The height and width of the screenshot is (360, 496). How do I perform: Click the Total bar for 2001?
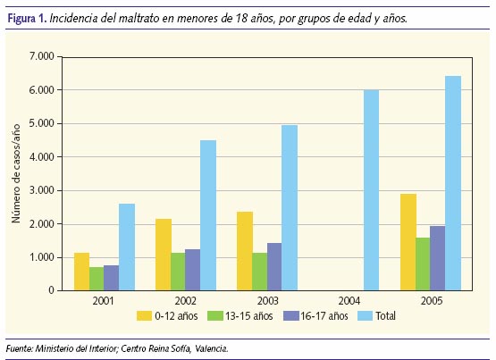127,247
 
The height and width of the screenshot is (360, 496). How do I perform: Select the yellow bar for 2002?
163,255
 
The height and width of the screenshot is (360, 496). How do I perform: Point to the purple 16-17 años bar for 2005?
437,258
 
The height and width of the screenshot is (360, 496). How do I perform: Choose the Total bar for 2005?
453,183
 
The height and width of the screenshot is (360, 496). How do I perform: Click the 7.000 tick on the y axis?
41,56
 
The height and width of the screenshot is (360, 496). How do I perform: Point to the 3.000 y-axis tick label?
41,190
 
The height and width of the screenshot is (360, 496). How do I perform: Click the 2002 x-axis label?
186,301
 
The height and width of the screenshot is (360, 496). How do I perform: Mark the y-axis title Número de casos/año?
17,173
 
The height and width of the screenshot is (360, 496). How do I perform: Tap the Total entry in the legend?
383,315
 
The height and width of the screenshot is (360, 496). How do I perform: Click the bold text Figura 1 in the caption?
27,18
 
